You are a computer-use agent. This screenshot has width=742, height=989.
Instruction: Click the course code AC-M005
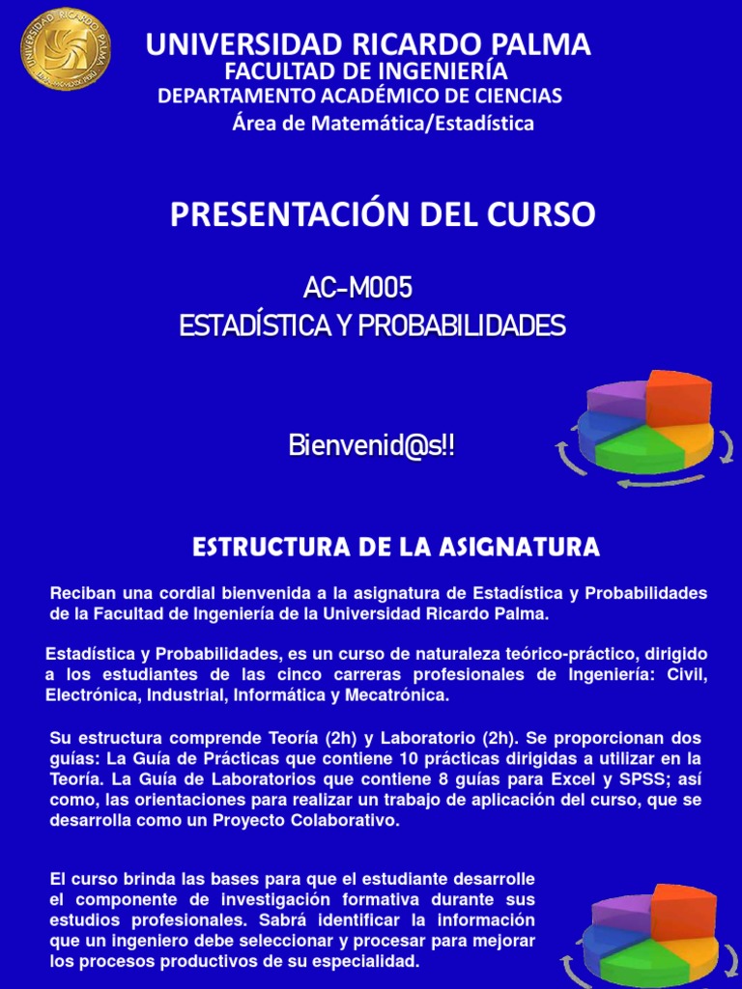(x=357, y=287)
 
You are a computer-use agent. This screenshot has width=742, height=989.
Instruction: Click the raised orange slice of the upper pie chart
(x=678, y=398)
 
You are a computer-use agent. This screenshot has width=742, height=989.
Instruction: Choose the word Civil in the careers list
(x=688, y=674)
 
